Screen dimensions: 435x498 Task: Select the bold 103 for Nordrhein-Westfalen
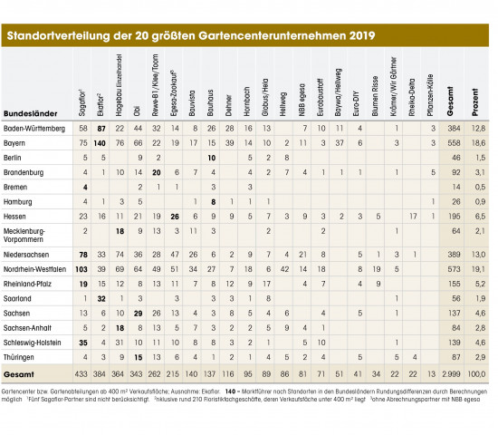[82, 270]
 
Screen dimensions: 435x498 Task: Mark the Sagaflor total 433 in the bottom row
[82, 372]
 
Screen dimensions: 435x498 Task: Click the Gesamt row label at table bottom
[22, 372]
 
